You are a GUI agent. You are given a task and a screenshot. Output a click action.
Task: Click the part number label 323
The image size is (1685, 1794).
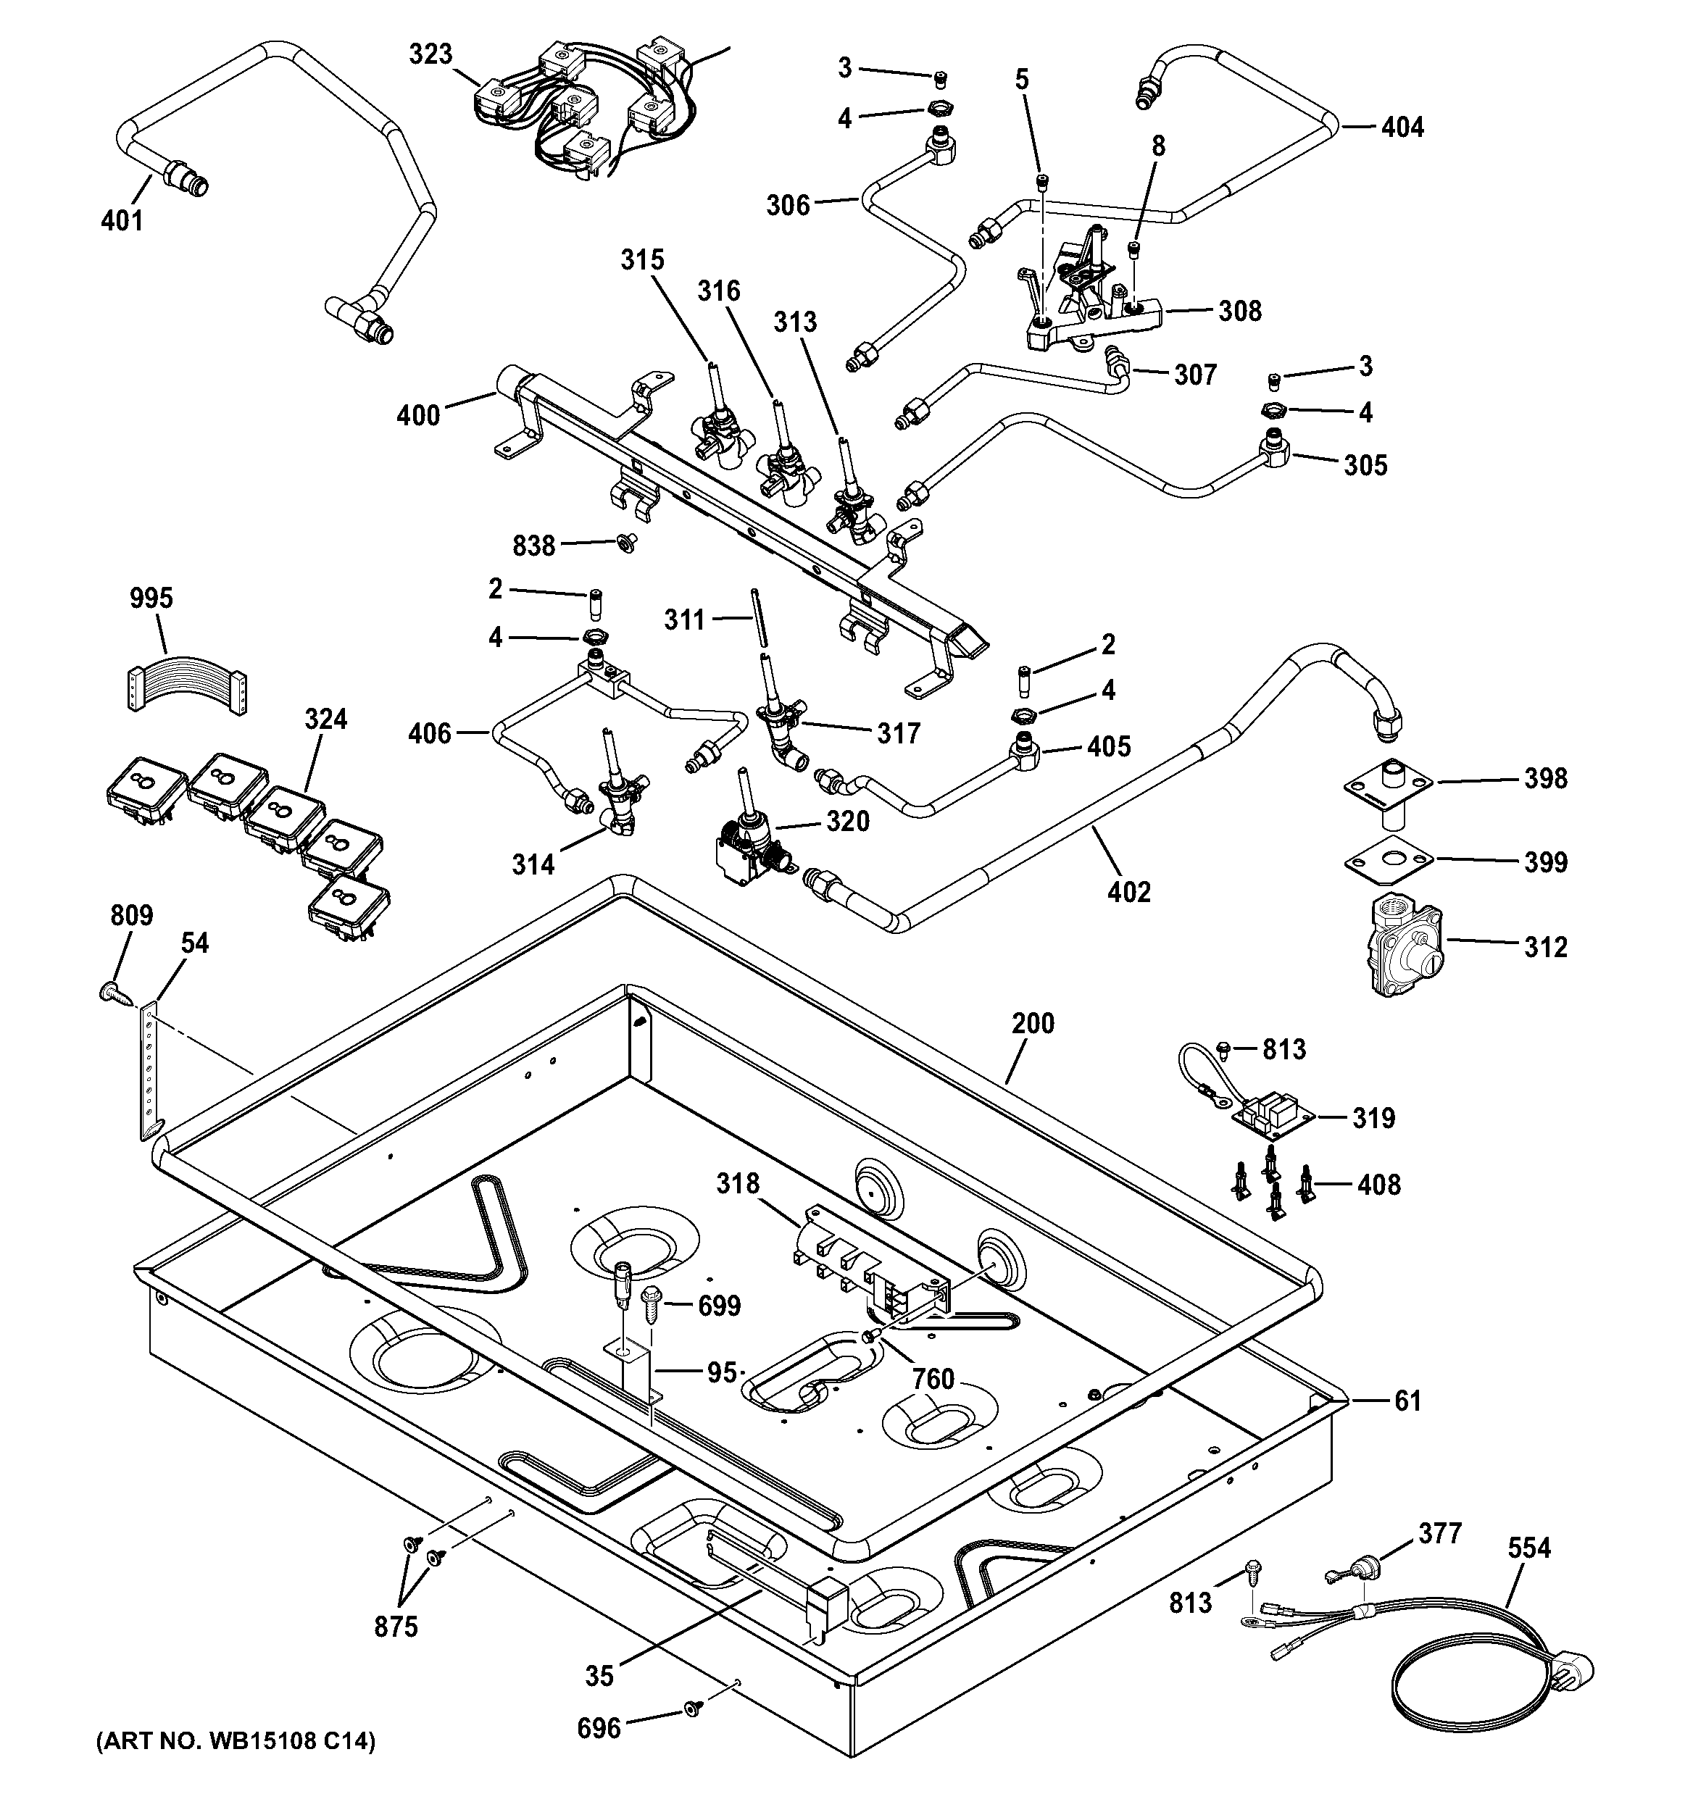pos(430,54)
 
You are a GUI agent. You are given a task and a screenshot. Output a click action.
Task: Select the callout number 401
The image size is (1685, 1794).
pos(122,220)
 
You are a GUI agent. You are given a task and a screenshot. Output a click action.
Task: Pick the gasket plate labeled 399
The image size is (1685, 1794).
pos(1388,861)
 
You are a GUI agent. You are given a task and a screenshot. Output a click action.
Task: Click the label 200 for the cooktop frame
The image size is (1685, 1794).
pos(1033,1023)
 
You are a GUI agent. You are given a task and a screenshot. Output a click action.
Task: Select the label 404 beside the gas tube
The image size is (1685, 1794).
pos(1402,128)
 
